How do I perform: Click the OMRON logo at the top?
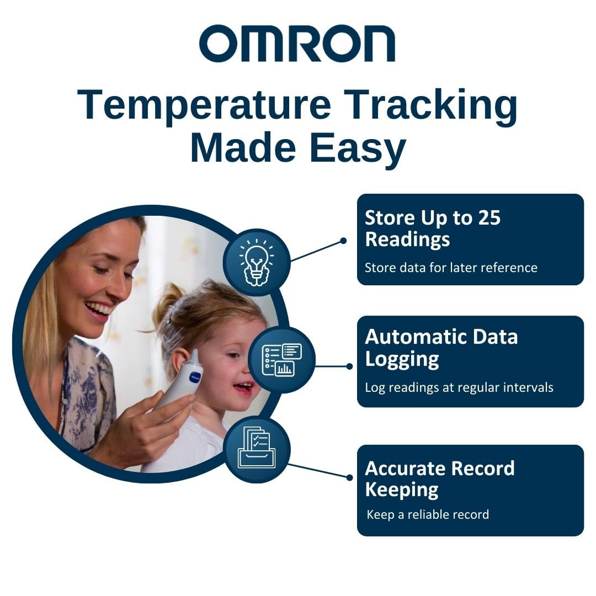(297, 43)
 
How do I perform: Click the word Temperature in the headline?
(204, 105)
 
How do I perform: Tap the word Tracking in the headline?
(433, 105)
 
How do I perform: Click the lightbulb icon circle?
(257, 262)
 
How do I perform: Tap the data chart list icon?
(281, 360)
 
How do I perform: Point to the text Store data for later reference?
(451, 268)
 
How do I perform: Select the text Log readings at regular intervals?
(459, 388)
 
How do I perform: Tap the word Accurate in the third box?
(413, 469)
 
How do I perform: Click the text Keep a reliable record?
(428, 515)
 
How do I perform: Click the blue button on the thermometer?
(195, 377)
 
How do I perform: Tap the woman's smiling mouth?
(98, 308)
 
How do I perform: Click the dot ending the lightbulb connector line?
(343, 241)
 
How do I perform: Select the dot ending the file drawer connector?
(349, 477)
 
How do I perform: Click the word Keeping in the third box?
(402, 491)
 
